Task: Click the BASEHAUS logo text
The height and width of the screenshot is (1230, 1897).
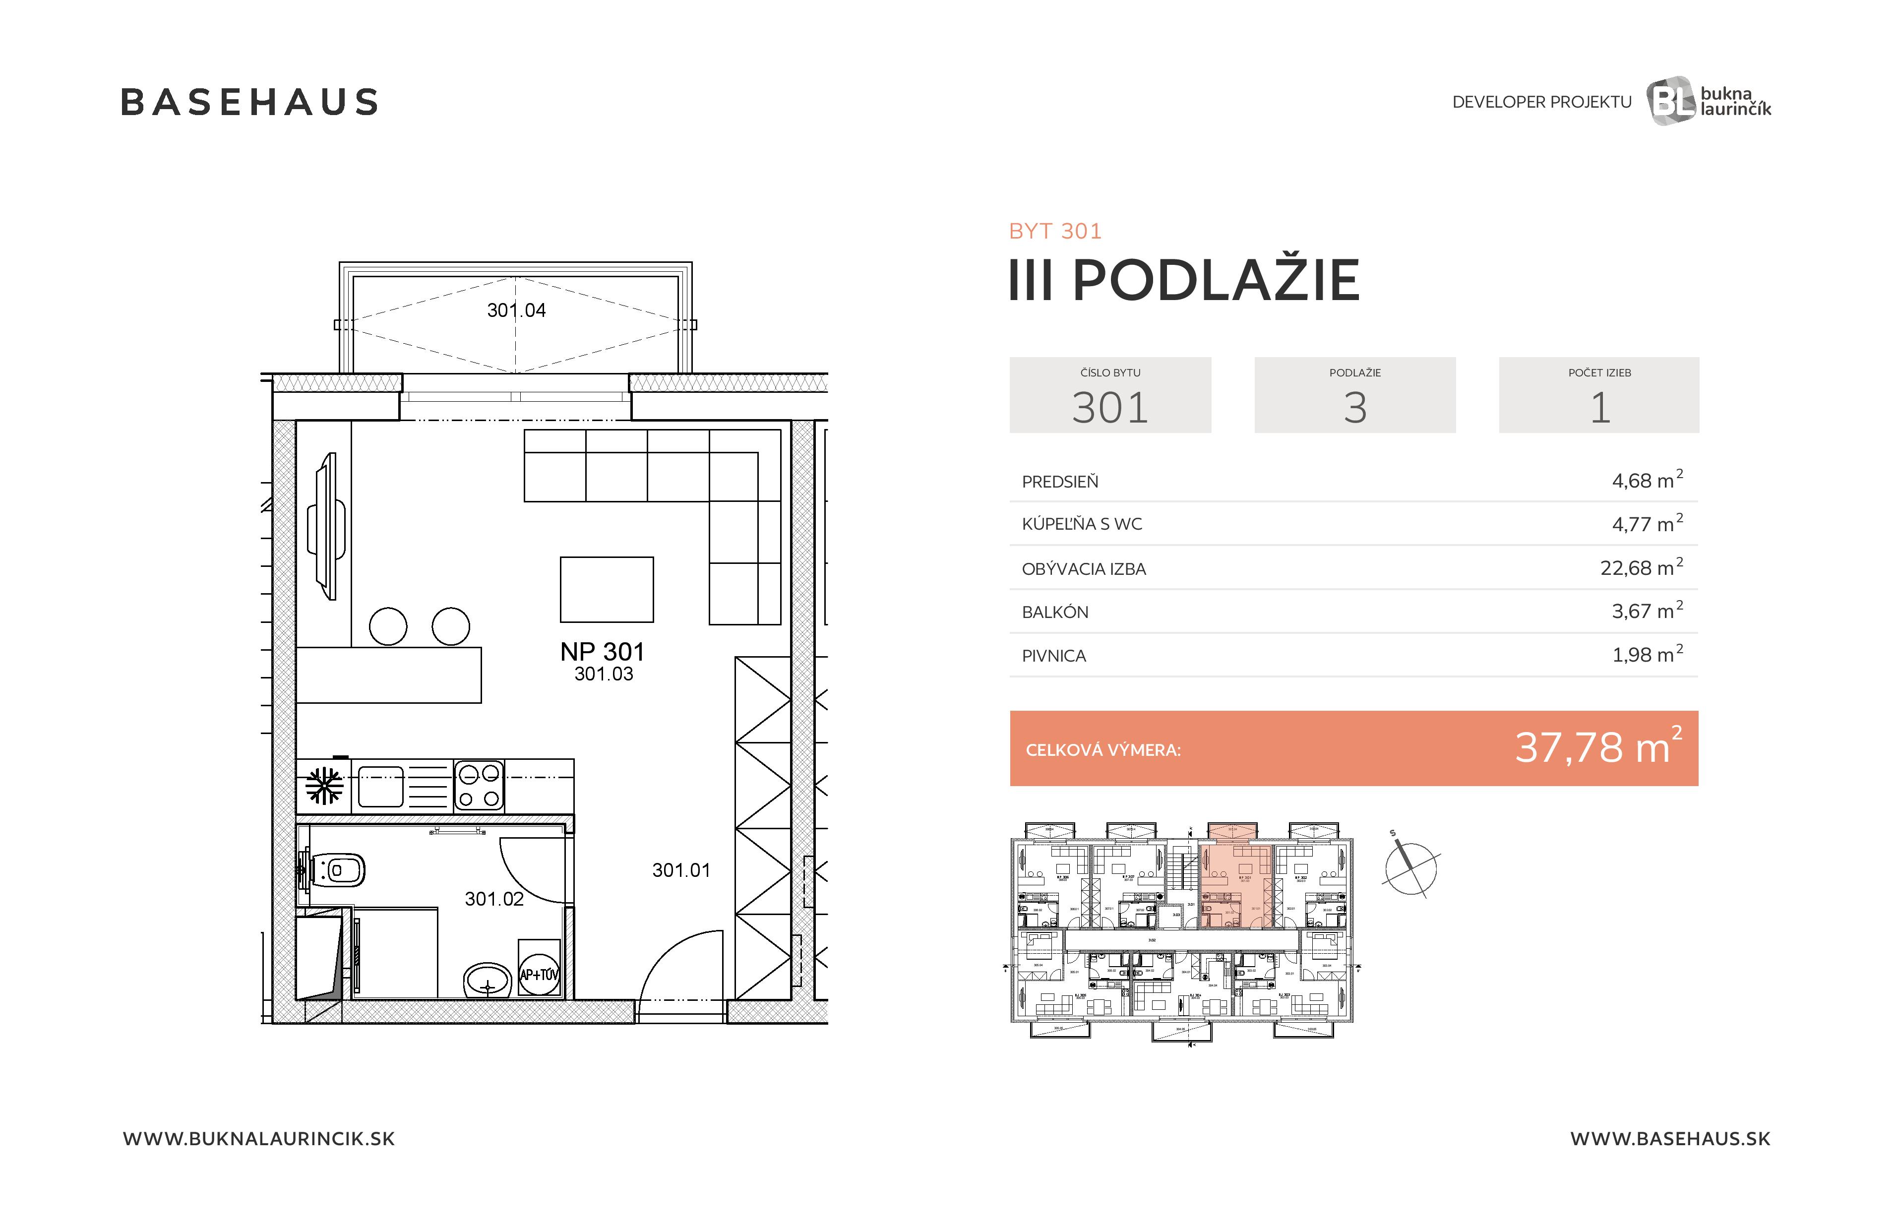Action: [249, 102]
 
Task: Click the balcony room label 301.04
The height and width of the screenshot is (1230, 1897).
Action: [516, 310]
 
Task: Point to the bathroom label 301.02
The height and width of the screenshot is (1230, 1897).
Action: [494, 898]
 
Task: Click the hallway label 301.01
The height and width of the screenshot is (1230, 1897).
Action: [680, 870]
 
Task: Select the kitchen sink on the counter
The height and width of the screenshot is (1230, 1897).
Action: [381, 786]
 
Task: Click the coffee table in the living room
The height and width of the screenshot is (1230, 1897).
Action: [607, 589]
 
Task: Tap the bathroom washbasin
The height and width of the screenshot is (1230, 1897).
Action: [487, 980]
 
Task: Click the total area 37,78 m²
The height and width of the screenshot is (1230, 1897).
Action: [1597, 748]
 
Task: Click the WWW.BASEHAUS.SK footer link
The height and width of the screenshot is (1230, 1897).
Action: [1670, 1138]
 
